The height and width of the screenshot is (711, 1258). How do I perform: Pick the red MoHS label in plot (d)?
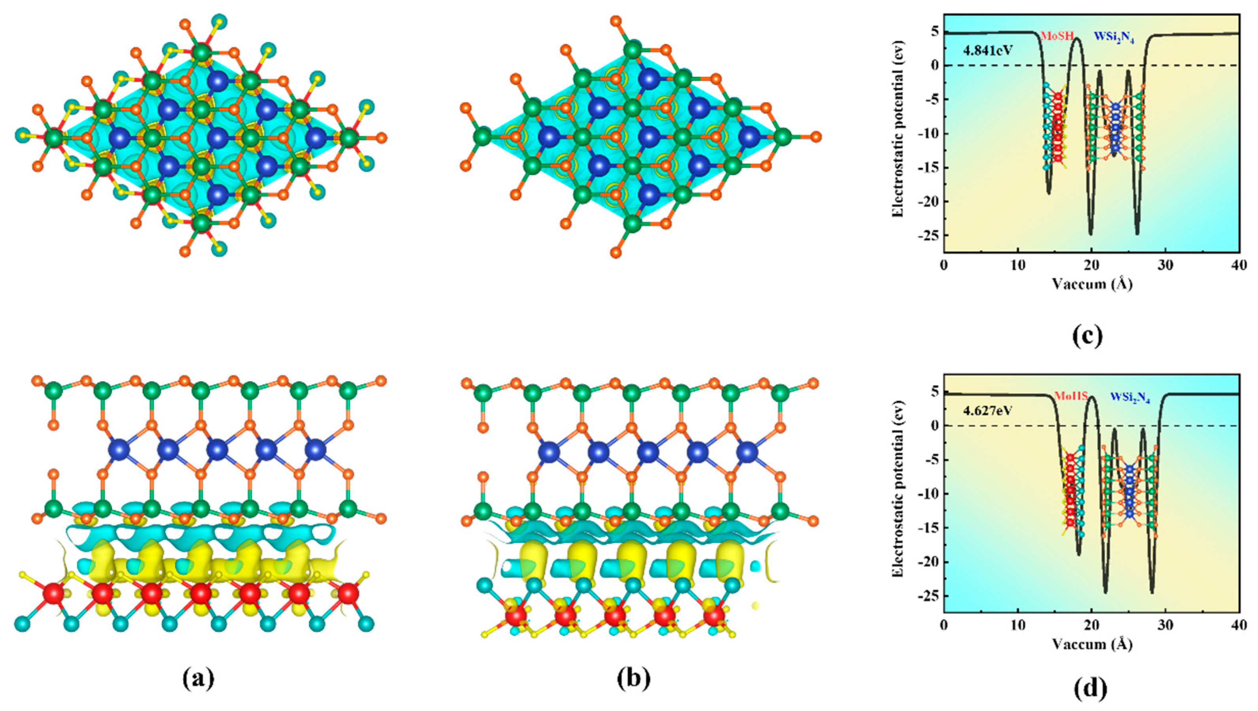(x=1070, y=396)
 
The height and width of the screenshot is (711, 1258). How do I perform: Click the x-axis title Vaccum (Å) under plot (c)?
(x=1092, y=284)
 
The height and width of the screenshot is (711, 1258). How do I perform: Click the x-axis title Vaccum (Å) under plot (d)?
(x=1092, y=644)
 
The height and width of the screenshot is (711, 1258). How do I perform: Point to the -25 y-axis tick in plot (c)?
(x=927, y=236)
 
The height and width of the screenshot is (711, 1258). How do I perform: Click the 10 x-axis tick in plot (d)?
(x=1018, y=626)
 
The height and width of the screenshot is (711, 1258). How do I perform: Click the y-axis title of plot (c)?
(x=898, y=133)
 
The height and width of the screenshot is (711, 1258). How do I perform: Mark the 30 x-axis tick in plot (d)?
(x=1166, y=626)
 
